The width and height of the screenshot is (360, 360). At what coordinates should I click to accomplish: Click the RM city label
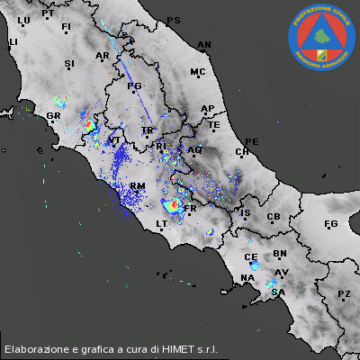[138, 185]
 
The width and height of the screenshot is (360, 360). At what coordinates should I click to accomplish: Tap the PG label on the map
[136, 86]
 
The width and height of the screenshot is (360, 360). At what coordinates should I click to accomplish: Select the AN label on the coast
[204, 44]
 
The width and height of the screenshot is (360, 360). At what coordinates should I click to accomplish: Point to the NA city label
[247, 278]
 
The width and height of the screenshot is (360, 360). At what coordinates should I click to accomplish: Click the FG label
[330, 223]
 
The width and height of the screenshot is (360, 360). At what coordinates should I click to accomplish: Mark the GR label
[53, 116]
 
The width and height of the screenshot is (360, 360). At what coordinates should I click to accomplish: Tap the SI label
[69, 63]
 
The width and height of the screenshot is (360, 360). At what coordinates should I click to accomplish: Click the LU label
[23, 20]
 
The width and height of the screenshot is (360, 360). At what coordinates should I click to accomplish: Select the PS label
[174, 20]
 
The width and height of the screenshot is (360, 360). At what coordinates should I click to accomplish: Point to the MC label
[198, 71]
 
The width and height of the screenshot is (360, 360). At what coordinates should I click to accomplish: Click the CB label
[274, 217]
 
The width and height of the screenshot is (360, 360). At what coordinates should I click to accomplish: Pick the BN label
[280, 255]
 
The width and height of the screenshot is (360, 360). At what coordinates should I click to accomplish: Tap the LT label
[162, 223]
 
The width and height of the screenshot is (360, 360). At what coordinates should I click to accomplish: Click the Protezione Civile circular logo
[321, 36]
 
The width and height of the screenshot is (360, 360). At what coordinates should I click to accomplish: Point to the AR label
[102, 56]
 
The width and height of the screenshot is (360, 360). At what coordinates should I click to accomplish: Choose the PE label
[252, 142]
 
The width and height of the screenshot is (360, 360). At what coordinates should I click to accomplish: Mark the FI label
[66, 27]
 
